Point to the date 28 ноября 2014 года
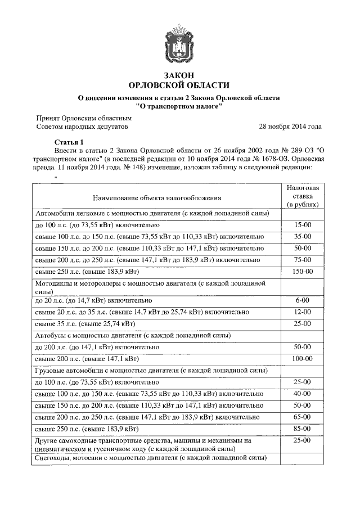(290, 127)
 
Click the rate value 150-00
(302, 272)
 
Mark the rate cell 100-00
(302, 359)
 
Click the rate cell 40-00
(302, 394)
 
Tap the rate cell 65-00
(302, 417)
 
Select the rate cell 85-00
(302, 429)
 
